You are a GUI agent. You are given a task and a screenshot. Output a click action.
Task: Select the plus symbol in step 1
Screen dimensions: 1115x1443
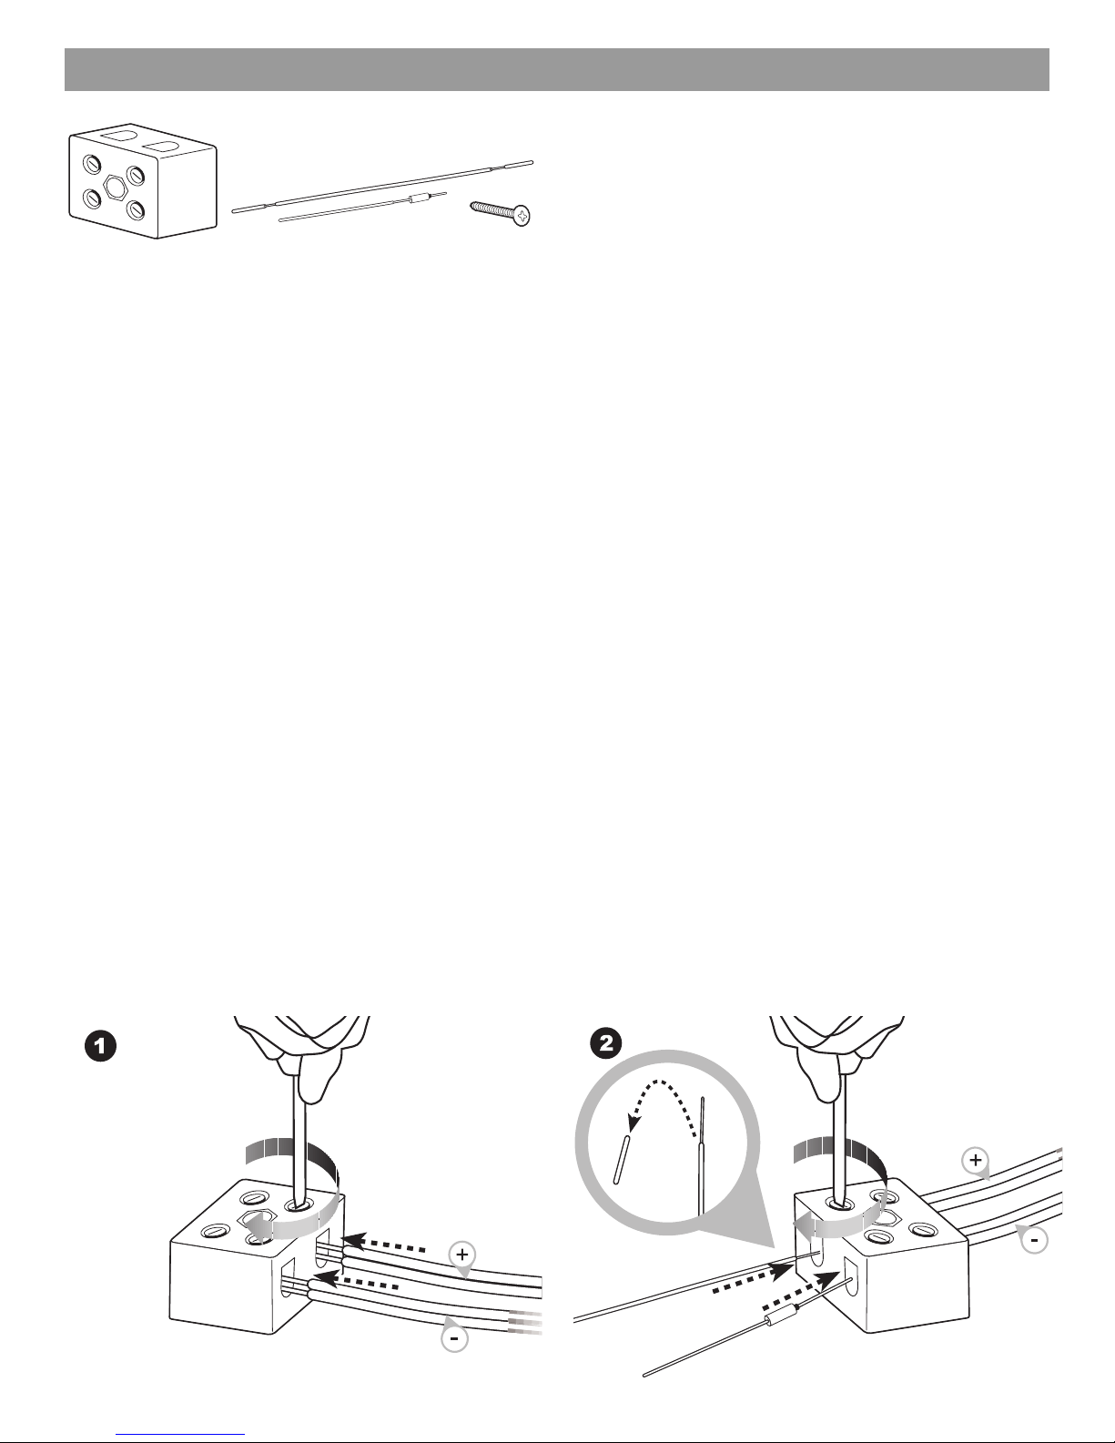pos(462,1255)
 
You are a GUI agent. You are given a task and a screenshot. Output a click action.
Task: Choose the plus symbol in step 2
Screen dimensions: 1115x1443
pos(975,1161)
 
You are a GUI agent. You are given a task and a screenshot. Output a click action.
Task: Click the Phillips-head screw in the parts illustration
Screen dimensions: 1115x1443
pos(501,212)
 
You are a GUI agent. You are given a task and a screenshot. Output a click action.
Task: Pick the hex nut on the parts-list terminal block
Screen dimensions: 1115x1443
pos(114,187)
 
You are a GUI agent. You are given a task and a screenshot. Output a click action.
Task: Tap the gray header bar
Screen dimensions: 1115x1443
pos(557,69)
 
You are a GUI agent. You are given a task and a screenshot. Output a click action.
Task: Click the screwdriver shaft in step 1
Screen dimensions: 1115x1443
pos(297,1147)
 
